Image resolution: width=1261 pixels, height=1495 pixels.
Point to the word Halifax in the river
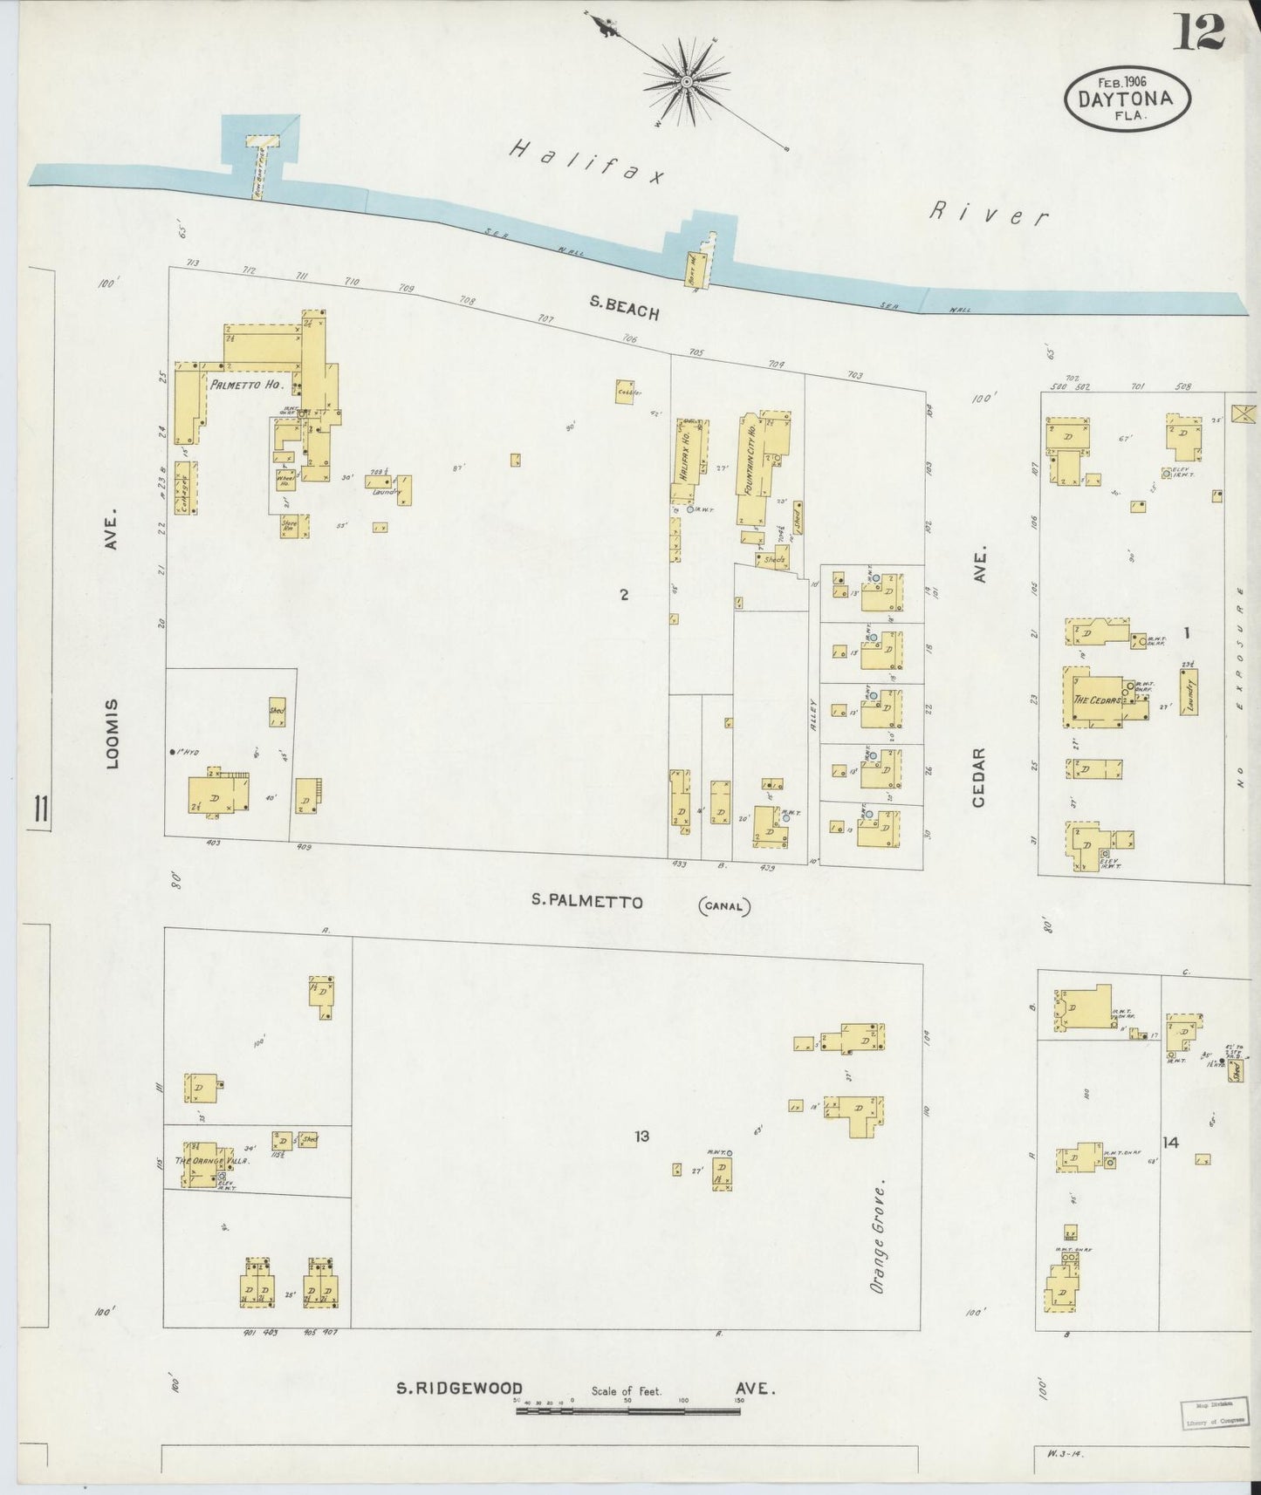(586, 163)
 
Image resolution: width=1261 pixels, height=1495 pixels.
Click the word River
(988, 213)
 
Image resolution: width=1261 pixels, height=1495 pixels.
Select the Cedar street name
(979, 776)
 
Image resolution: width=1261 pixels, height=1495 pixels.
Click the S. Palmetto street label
(587, 902)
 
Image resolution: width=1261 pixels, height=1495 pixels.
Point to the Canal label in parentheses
(724, 905)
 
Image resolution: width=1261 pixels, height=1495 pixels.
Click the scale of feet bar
(628, 1410)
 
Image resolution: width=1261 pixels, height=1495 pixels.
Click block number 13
(642, 1136)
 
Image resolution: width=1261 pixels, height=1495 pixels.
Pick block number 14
(1170, 1142)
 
